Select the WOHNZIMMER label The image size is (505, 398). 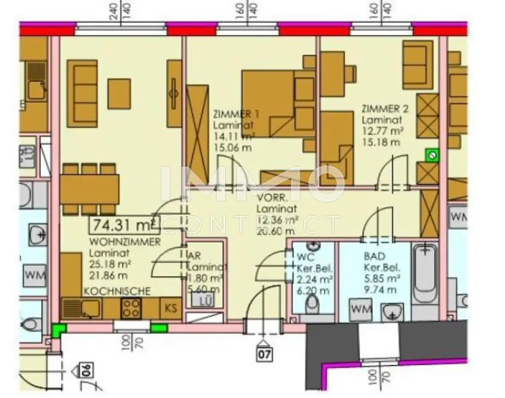(x=125, y=242)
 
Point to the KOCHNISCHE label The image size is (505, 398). (x=117, y=291)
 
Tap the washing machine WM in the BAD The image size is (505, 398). (x=361, y=310)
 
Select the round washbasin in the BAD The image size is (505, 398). (x=392, y=312)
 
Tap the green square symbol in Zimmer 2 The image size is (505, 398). (x=433, y=156)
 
